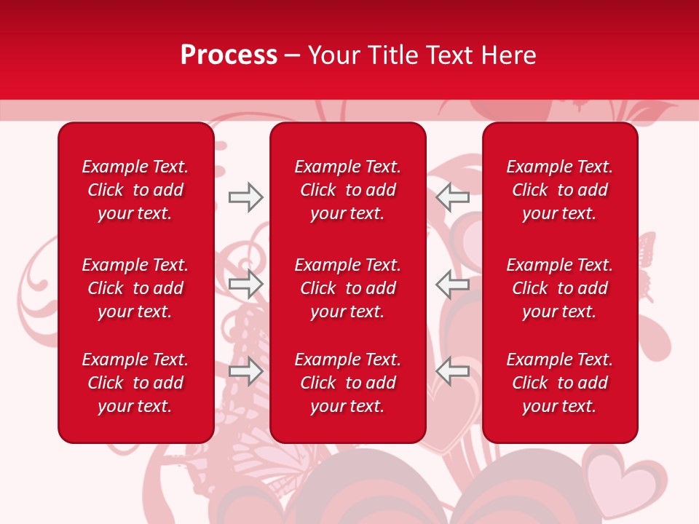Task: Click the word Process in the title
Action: (x=229, y=55)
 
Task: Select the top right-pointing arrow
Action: (x=245, y=197)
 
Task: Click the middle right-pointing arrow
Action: (x=245, y=283)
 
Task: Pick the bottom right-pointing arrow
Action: (x=245, y=371)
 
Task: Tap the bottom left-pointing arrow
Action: (x=453, y=370)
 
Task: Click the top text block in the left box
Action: (x=135, y=190)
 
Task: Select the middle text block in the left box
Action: (x=135, y=288)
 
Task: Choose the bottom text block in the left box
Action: (x=135, y=383)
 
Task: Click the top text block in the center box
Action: (x=347, y=190)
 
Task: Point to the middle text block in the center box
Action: (x=347, y=288)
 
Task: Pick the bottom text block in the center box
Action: (x=347, y=383)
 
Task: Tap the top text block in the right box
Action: (x=559, y=190)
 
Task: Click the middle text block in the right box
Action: (x=559, y=288)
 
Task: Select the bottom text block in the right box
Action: (x=559, y=383)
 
